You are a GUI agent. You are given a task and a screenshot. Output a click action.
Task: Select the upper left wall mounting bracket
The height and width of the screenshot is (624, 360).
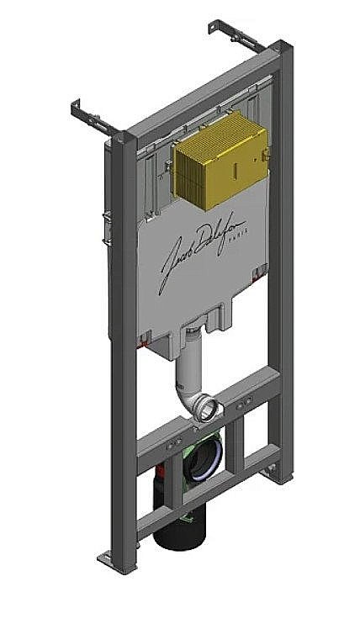coord(95,117)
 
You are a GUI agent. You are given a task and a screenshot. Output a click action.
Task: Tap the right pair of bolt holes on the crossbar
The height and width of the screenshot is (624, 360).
coord(245,405)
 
